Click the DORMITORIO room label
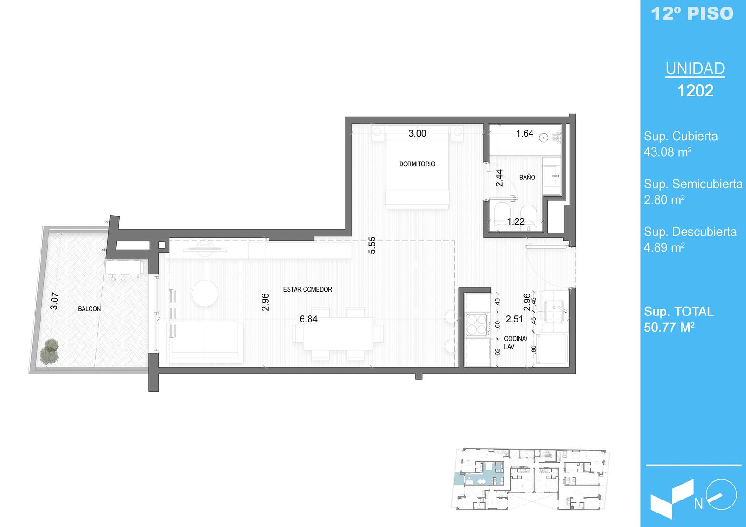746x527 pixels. [x=417, y=164]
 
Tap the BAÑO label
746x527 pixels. [x=527, y=178]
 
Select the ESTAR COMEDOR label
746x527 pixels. [x=307, y=290]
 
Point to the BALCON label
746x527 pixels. [x=89, y=309]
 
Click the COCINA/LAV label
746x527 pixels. [x=515, y=342]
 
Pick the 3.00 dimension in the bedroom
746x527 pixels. [x=417, y=134]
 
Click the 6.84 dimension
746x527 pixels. [x=308, y=319]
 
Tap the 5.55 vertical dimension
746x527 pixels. [x=372, y=246]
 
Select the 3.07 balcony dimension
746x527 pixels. [x=54, y=301]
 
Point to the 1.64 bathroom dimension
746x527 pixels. [x=525, y=134]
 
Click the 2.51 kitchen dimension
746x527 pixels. [x=515, y=319]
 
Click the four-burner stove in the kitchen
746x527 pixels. [x=477, y=325]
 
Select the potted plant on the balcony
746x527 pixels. [x=49, y=351]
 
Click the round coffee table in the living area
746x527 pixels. [x=205, y=293]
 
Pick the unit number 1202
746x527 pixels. [x=696, y=90]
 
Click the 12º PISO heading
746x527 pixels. [x=692, y=14]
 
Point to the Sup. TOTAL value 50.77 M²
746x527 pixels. [x=669, y=328]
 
